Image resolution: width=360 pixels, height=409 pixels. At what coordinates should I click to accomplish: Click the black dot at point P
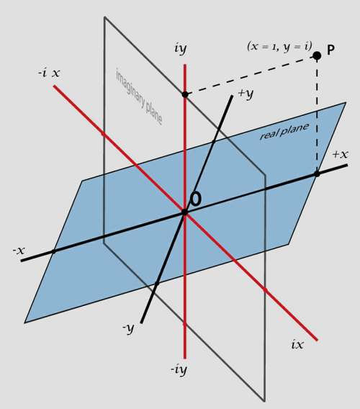pos(317,55)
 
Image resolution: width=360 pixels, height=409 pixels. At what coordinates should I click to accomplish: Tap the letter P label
pos(330,50)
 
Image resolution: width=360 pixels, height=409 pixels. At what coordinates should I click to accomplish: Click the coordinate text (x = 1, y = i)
pos(279,47)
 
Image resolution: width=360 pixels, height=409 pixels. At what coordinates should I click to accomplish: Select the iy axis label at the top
pos(181,49)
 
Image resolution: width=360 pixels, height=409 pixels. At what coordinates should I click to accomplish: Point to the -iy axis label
pos(179,369)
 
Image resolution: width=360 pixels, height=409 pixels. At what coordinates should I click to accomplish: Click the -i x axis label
pos(49,73)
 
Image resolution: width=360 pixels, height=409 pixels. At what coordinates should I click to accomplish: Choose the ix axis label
pos(297,345)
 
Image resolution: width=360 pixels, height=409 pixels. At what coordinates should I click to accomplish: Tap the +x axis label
pos(340,154)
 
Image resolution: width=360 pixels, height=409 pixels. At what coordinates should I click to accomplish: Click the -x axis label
pos(19,251)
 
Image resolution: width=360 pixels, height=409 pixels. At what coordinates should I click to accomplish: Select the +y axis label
pos(246,94)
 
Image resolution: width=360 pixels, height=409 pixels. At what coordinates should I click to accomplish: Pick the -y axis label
pos(128,328)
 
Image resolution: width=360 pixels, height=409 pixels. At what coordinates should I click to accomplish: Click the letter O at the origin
pos(196,199)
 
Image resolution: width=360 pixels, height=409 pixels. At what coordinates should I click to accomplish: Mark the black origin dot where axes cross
pos(185,212)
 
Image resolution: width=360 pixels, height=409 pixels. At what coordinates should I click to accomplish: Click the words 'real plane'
pos(284,131)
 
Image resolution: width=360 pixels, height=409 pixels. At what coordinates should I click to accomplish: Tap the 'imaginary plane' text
pos(139,96)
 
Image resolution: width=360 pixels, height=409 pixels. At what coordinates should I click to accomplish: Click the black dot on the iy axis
pos(185,94)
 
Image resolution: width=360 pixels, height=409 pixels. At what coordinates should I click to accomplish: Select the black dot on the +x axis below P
pos(317,174)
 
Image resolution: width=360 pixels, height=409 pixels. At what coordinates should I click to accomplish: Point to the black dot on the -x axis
pos(53,251)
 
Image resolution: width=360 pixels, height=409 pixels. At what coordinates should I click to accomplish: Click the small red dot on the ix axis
pos(265,289)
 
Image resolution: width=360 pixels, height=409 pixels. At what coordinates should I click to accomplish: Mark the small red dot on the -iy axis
pos(185,324)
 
